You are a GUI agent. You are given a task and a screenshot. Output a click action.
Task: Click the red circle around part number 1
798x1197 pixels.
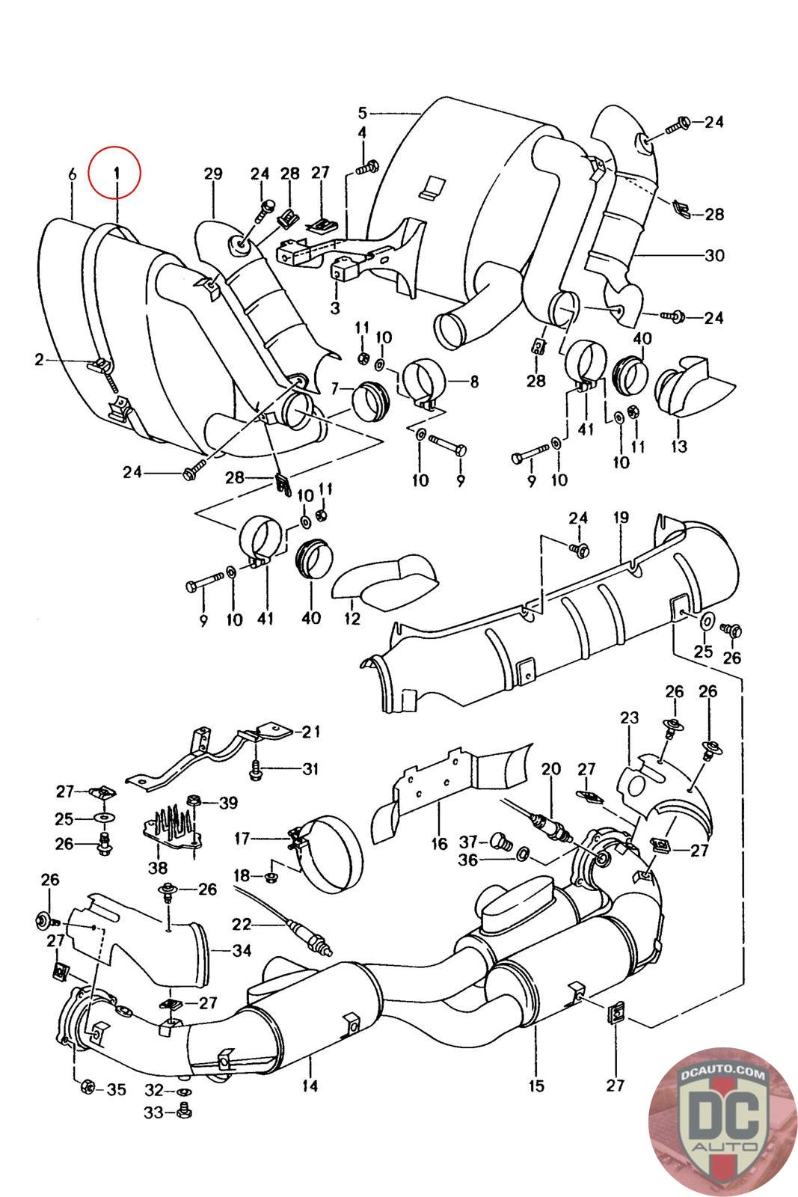[114, 173]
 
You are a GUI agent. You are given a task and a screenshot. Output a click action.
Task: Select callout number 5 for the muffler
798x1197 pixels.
[363, 113]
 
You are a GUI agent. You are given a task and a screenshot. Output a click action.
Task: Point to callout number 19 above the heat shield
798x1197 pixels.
[621, 518]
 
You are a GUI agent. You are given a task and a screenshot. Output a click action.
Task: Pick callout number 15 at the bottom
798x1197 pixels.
[536, 1086]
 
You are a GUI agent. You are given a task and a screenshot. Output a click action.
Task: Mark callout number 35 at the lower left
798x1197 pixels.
[116, 1089]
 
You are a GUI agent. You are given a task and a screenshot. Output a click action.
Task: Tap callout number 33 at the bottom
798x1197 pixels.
[153, 1113]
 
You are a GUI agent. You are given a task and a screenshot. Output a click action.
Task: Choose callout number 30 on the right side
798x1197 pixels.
[714, 255]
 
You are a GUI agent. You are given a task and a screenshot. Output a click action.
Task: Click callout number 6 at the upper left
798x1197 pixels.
[72, 174]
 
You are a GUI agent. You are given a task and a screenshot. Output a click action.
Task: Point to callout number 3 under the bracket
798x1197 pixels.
[334, 307]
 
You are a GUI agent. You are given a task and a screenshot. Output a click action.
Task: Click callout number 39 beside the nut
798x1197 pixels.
[228, 803]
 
